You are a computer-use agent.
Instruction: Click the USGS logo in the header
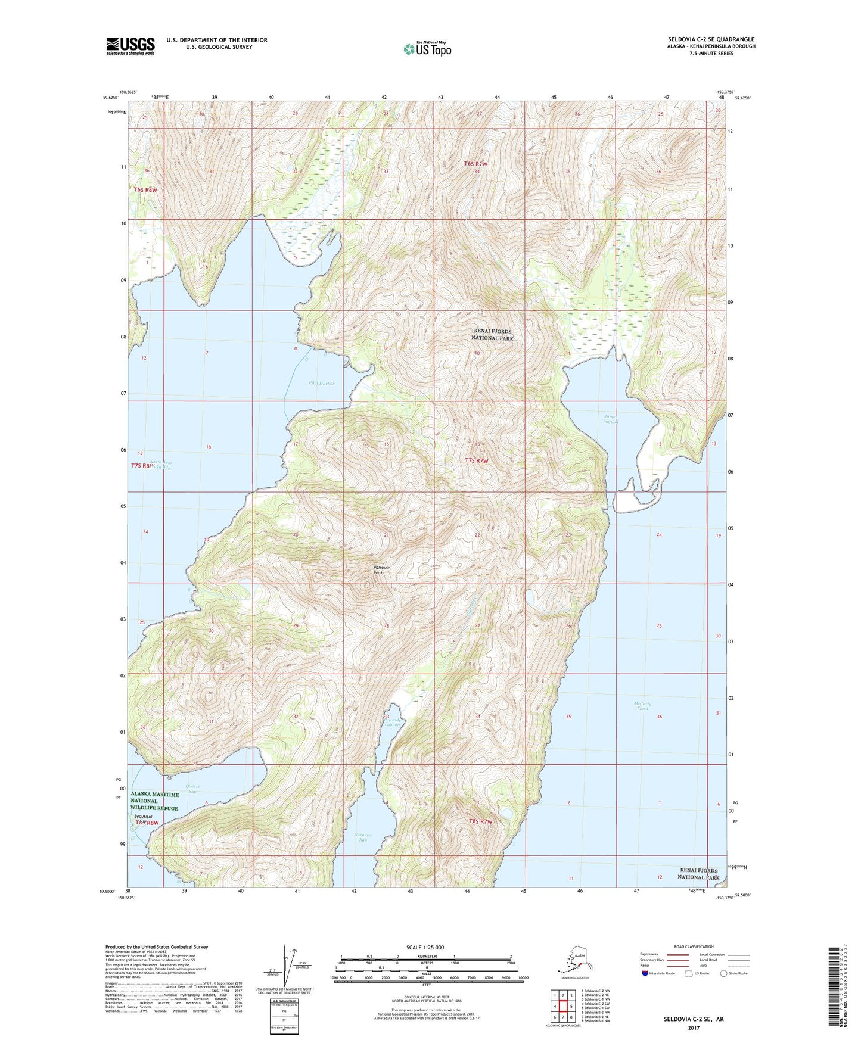pos(130,46)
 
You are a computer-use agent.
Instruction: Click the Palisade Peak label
pos(381,570)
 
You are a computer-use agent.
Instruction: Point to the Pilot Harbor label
pos(322,384)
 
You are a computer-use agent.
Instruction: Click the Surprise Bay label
pos(363,837)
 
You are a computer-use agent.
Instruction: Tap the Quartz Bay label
pos(191,789)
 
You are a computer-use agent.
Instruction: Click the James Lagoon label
pos(611,419)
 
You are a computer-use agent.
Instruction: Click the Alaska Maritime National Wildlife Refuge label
pos(154,801)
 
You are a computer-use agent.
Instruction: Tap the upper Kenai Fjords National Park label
pos(492,334)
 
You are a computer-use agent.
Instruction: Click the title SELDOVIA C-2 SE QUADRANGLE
pos(711,39)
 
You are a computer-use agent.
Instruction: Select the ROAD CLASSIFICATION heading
pos(694,946)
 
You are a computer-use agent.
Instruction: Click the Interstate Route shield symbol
pos(646,973)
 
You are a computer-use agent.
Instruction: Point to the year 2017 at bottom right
pos(693,1028)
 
